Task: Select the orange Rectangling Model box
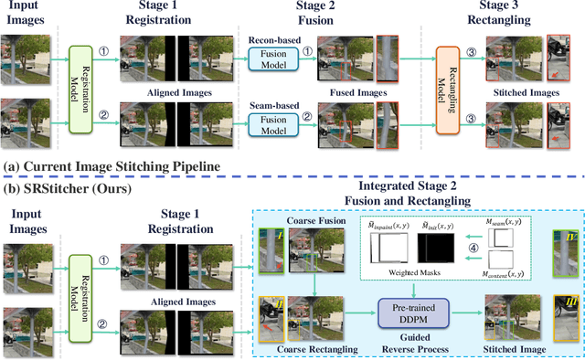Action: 446,90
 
